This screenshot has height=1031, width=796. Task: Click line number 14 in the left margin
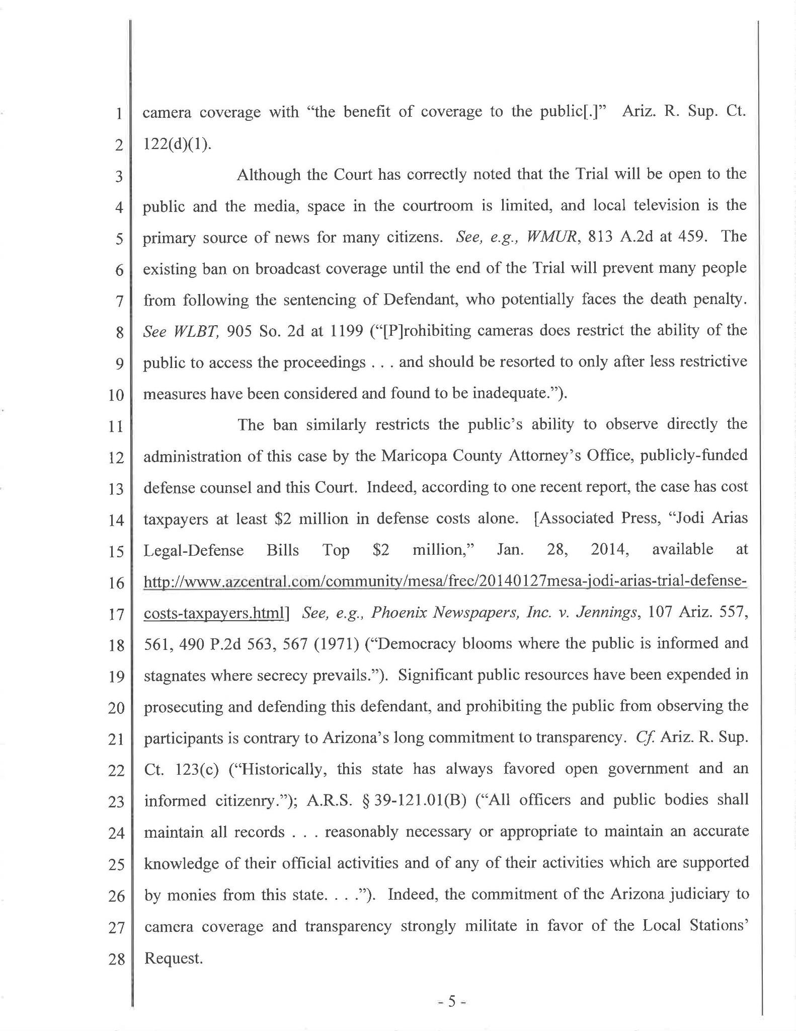coord(116,520)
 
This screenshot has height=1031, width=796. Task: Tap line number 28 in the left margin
coord(116,959)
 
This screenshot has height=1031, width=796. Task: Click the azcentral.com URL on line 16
coord(445,581)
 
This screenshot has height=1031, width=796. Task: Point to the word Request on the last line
coord(173,958)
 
